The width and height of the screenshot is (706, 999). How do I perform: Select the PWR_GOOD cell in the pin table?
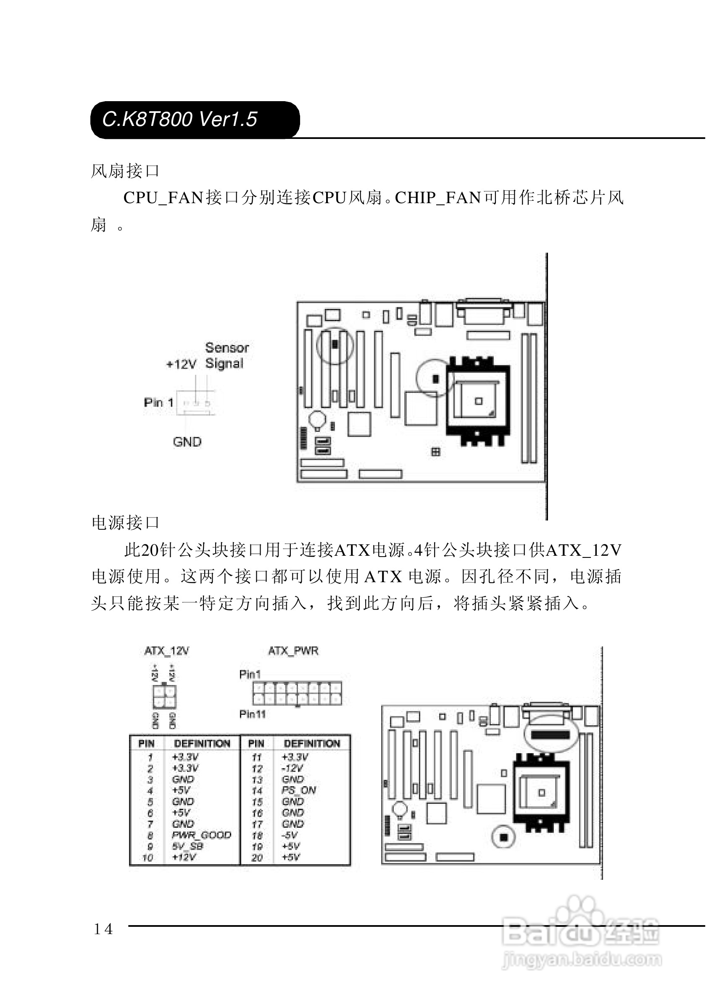click(201, 835)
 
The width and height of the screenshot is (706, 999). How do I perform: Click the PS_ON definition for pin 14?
click(299, 790)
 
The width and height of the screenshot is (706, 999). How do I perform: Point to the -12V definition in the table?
click(292, 768)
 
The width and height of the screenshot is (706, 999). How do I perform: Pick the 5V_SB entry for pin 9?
click(187, 846)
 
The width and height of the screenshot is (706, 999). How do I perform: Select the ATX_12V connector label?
click(166, 651)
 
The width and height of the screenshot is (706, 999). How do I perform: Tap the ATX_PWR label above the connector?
click(293, 651)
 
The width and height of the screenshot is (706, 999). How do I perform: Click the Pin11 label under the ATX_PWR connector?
click(252, 714)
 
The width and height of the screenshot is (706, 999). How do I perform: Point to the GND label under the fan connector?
click(187, 442)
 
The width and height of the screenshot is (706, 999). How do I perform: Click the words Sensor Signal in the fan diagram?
click(227, 356)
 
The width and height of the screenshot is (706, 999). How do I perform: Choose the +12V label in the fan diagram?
click(181, 364)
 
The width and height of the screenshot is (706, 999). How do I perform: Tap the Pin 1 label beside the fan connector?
click(158, 403)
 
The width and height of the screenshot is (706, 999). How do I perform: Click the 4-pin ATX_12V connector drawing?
click(164, 697)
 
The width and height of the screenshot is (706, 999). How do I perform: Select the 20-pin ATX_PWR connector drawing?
click(297, 693)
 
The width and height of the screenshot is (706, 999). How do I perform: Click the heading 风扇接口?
click(125, 171)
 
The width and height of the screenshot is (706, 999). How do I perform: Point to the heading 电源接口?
click(125, 523)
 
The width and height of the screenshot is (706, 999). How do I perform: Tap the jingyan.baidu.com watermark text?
click(582, 960)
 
